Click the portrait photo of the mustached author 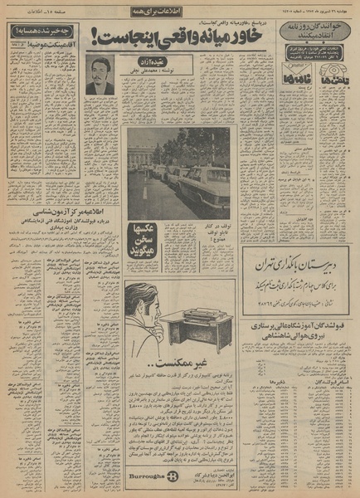click(x=100, y=75)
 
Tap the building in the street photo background click(x=142, y=154)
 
